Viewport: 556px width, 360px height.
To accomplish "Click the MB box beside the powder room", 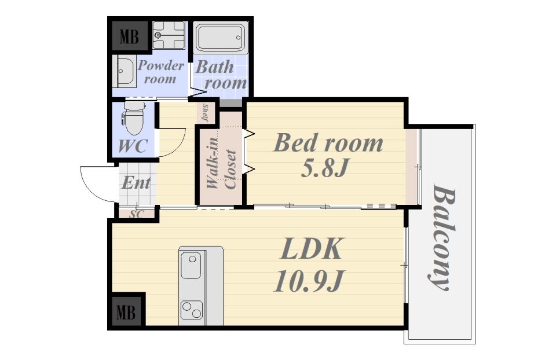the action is click(130, 35).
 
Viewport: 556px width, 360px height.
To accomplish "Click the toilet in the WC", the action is click(134, 118).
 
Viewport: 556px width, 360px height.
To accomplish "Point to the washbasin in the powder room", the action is click(124, 72).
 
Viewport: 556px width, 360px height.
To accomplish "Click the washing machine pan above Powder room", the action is click(169, 35).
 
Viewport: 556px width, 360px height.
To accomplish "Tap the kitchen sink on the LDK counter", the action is click(192, 265).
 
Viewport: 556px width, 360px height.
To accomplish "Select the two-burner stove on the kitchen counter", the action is click(192, 310).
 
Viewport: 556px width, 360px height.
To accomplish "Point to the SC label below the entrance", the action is click(137, 214).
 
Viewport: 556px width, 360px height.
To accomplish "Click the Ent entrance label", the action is click(136, 183).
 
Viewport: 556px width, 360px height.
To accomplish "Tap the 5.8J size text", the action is click(324, 168).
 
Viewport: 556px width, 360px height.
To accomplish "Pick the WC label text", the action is click(133, 146).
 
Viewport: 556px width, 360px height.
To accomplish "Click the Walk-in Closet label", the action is click(221, 164).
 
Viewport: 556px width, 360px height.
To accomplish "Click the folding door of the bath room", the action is click(198, 93).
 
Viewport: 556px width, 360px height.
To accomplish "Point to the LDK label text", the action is click(312, 249).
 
